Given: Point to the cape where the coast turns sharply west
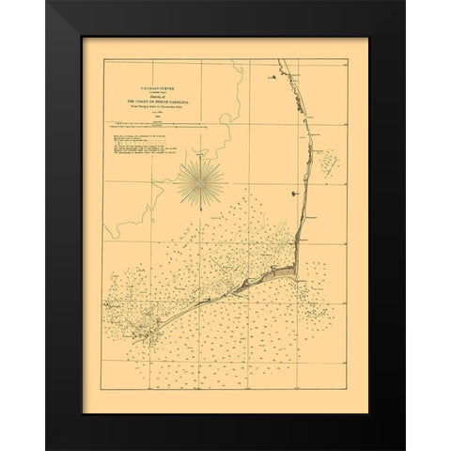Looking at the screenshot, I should pos(297,273).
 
